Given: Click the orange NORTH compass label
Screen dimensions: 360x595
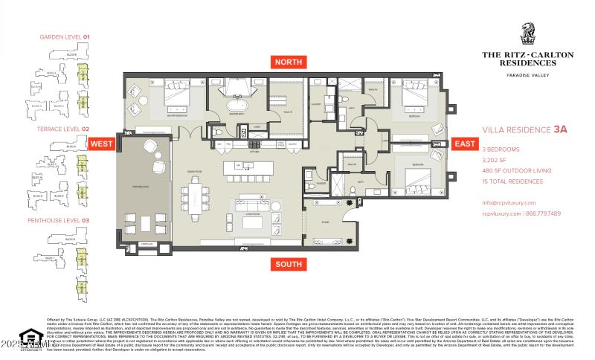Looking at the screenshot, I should click(288, 62).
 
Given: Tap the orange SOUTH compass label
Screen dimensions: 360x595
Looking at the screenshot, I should click(288, 264).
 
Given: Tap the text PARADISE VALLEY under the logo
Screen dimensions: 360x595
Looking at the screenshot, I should click(533, 75).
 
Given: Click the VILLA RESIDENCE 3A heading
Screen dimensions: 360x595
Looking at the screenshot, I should click(524, 129).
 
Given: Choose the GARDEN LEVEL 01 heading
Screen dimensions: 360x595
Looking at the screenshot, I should click(64, 36).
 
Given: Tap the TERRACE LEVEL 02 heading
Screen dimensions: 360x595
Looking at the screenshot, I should click(64, 129).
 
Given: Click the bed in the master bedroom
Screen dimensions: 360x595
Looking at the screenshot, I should click(176, 97).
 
